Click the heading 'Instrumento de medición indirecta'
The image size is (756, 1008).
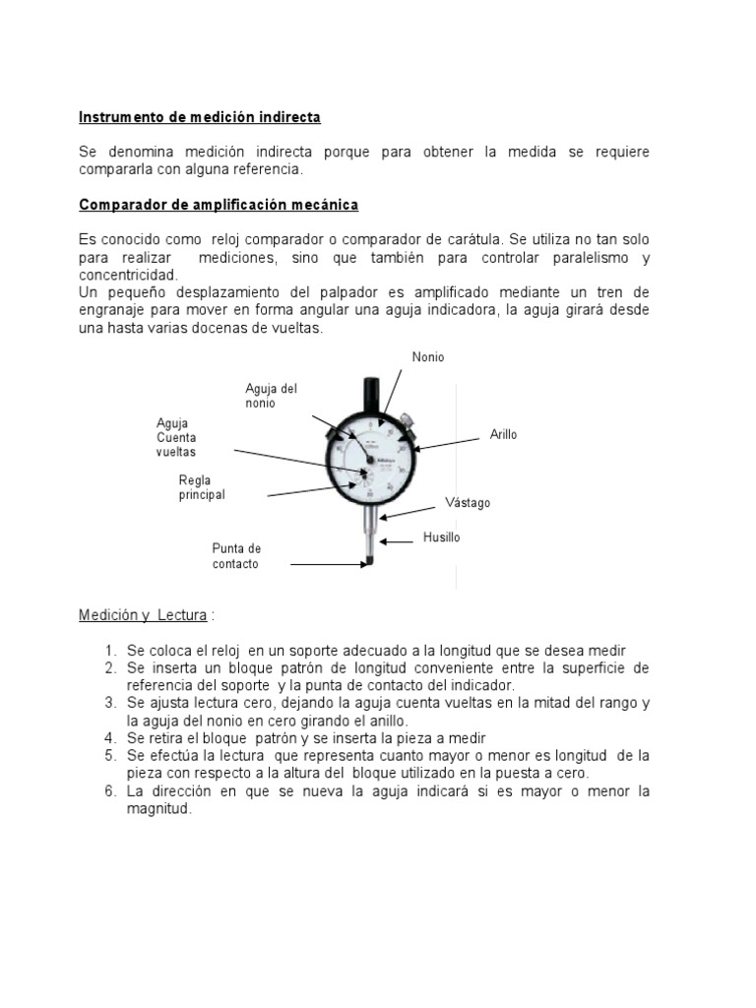(x=200, y=117)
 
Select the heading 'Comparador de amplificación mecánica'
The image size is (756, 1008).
(x=219, y=205)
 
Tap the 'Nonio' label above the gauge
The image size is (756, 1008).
(x=428, y=357)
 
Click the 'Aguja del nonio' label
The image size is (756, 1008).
(x=271, y=396)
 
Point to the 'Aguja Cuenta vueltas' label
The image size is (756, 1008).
(x=176, y=437)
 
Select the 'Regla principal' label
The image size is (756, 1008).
(x=202, y=487)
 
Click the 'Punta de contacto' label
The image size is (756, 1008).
(x=236, y=556)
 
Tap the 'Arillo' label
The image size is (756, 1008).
(x=503, y=434)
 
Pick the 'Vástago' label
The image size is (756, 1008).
(x=468, y=502)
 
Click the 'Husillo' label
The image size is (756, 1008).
(x=441, y=537)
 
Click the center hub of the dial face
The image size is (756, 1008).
(x=371, y=459)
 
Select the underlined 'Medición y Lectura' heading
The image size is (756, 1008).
(x=143, y=615)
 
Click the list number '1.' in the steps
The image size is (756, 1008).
(x=110, y=651)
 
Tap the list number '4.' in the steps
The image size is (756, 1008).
(x=110, y=738)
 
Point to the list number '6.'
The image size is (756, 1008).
(x=110, y=791)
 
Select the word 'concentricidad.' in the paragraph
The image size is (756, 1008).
(x=128, y=275)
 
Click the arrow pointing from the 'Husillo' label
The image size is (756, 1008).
(x=400, y=539)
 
